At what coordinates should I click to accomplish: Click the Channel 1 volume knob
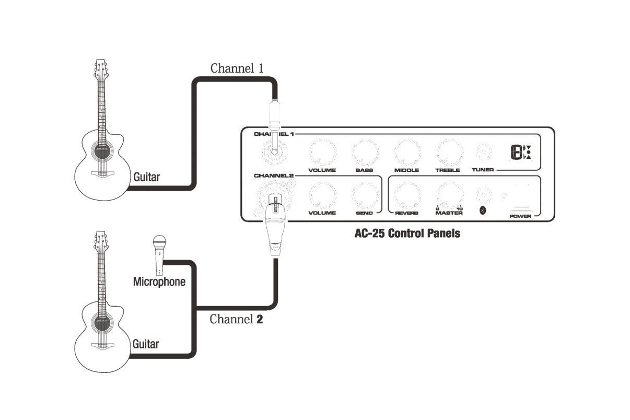(x=323, y=152)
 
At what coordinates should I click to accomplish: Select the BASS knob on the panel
(x=365, y=152)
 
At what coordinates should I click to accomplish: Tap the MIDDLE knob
(x=407, y=152)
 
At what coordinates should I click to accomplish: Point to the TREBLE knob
(x=449, y=152)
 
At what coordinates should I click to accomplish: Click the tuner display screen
(x=521, y=152)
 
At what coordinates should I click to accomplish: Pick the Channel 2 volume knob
(x=323, y=195)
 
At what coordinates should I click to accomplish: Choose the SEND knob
(x=365, y=195)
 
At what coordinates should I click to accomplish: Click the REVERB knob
(x=407, y=195)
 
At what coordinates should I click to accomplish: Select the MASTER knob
(x=449, y=195)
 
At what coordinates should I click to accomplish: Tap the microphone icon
(x=159, y=255)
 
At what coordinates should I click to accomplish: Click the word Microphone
(x=159, y=282)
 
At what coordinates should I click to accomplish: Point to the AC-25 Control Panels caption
(x=407, y=233)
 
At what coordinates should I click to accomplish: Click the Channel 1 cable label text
(x=237, y=68)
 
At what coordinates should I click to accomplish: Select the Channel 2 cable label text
(x=236, y=319)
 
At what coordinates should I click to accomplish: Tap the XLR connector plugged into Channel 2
(x=276, y=225)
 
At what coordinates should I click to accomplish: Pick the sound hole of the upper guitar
(x=102, y=152)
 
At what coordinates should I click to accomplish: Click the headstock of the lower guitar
(x=101, y=242)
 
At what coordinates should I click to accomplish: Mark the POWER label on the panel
(x=520, y=216)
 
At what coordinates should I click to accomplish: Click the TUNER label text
(x=483, y=170)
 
